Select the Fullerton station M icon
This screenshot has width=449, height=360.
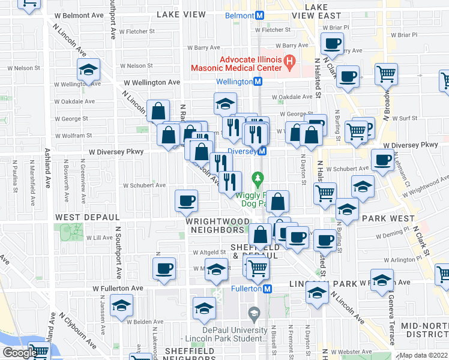[x=269, y=289]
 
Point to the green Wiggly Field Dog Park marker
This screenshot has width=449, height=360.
[x=258, y=178]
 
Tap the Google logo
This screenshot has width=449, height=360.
[x=19, y=353]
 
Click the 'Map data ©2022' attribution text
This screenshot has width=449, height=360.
[x=424, y=355]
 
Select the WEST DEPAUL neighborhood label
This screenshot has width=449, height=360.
[x=80, y=216]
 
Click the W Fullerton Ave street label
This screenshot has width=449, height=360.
[x=118, y=289]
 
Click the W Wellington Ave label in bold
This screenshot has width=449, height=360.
[x=152, y=82]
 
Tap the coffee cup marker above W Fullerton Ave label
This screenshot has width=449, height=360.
[x=164, y=269]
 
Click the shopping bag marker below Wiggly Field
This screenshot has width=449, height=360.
[x=277, y=202]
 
